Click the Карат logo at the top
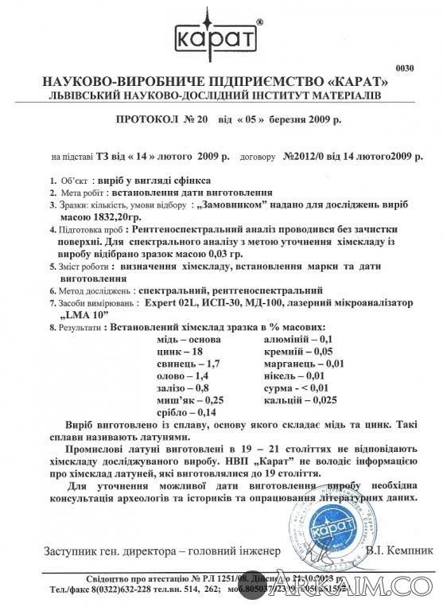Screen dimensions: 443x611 click(x=221, y=35)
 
